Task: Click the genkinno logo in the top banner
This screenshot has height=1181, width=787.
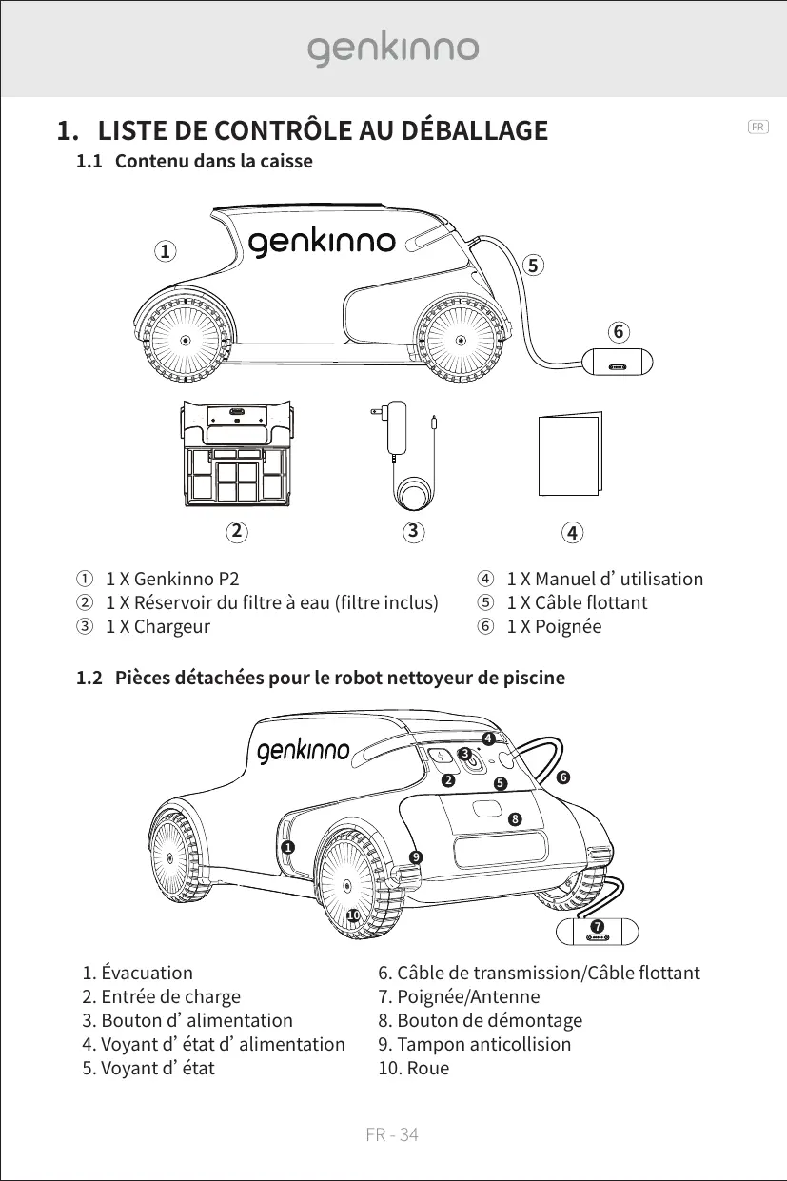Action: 393,49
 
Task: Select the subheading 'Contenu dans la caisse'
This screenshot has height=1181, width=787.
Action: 213,161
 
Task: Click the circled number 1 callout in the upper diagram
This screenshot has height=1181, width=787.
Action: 166,251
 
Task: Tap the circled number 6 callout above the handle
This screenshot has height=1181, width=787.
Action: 619,331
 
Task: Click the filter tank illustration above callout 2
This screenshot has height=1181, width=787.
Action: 235,451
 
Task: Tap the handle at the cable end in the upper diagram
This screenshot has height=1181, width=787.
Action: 619,364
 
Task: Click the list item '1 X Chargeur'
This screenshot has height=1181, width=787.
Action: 157,626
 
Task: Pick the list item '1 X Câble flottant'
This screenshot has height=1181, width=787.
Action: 577,602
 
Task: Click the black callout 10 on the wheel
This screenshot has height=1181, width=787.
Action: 352,915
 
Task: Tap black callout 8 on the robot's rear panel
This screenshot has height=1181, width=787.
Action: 515,818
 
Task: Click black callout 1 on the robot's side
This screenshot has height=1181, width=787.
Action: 286,846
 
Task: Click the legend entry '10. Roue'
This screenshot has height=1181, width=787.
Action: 414,1068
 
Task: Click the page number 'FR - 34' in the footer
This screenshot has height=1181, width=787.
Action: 393,1134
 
